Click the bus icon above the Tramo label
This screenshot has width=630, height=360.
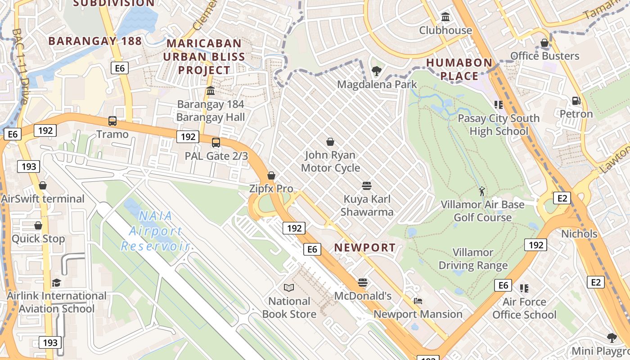point(112,121)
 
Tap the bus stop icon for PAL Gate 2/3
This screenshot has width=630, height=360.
point(216,143)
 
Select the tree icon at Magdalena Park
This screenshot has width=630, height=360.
point(376,71)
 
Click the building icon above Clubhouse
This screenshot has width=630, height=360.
point(445,17)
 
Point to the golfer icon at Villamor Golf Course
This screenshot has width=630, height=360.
point(482,191)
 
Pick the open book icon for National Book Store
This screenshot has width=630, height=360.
point(289,288)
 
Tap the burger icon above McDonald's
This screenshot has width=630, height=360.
point(363,283)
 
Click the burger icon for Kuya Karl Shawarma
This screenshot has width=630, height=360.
point(367,185)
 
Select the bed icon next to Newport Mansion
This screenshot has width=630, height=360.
point(418,301)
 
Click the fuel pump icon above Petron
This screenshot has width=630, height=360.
point(576,100)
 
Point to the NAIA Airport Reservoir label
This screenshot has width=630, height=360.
point(155,231)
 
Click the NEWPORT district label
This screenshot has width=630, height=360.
point(365,247)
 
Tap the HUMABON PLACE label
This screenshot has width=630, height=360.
point(459,69)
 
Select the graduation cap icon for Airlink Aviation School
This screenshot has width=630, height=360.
point(56,283)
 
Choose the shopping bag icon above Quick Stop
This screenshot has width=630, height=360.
point(38,225)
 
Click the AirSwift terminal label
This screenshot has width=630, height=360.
point(43,199)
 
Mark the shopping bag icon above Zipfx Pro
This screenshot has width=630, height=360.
point(271,175)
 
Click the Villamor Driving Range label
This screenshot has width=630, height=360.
point(473,259)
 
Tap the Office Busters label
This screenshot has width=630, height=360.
point(544,56)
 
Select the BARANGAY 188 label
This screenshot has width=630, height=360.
point(95,41)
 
